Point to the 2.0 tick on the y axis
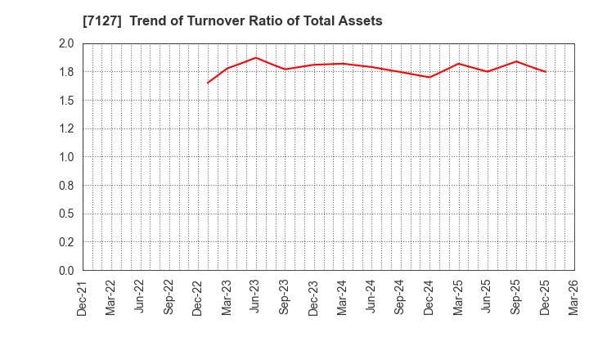pos(66,44)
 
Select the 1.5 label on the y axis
pos(66,101)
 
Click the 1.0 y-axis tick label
pos(66,157)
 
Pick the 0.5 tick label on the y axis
pos(66,214)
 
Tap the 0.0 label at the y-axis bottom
pos(66,271)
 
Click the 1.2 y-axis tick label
pos(66,129)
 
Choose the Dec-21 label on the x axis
pos(83,297)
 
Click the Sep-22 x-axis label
pos(169,297)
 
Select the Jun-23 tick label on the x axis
pos(256,297)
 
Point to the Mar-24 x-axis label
pos(343,297)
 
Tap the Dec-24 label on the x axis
pos(429,297)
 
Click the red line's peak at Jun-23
pos(256,57)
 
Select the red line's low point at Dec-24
pos(429,77)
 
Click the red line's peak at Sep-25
pos(516,61)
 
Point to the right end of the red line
pos(546,72)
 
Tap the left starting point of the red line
pos(208,83)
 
